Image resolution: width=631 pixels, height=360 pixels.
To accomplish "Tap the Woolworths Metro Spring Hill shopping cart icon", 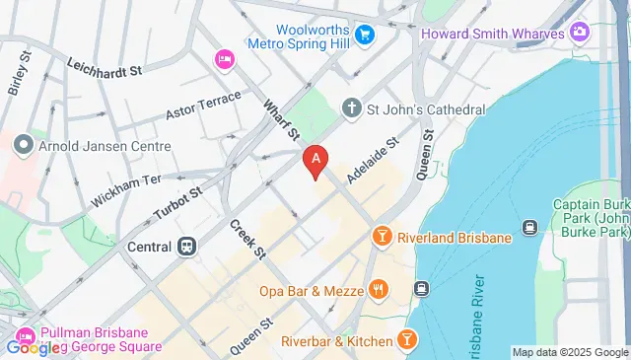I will (364, 35).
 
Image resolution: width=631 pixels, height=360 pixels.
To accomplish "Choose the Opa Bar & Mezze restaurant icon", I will (377, 290).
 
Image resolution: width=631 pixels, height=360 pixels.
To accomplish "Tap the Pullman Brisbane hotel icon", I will (26, 335).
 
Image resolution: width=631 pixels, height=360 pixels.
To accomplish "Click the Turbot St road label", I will (177, 200).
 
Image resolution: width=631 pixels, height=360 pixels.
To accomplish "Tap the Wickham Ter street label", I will (125, 187).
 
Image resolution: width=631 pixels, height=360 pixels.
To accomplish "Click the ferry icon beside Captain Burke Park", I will (529, 228).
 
